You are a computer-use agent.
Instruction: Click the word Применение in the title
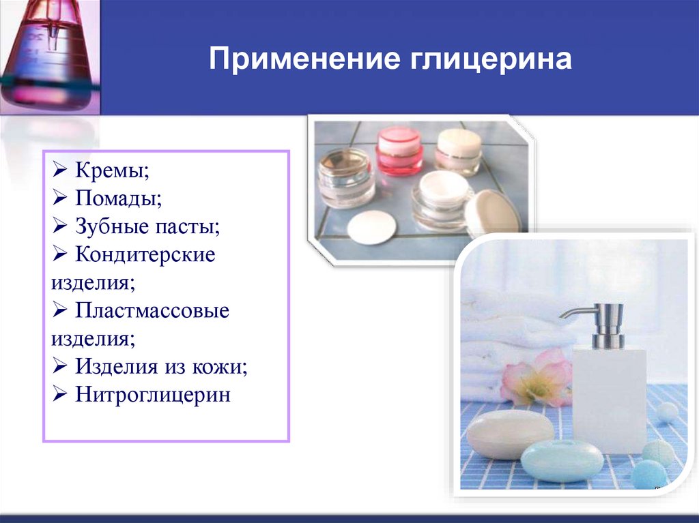(304, 59)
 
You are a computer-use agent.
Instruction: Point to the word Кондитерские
(145, 254)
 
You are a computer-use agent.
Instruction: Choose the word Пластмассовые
(152, 310)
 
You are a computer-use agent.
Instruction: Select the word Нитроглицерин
(152, 395)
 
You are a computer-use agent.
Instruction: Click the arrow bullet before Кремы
(59, 169)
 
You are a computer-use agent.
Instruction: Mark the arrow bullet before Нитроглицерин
(59, 393)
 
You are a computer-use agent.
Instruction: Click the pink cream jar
(399, 150)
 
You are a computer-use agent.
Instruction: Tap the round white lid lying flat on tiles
(371, 227)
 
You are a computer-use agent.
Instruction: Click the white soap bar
(510, 433)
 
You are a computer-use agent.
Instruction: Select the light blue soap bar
(562, 461)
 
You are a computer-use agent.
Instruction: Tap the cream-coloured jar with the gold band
(458, 151)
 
